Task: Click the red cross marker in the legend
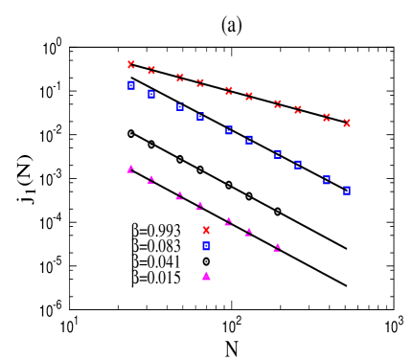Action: [206, 230]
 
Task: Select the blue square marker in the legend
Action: [206, 246]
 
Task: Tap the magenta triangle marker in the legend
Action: [206, 276]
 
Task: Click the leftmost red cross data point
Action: [131, 64]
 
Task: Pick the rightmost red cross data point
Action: [347, 123]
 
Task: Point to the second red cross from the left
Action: [151, 69]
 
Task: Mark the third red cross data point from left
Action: [180, 77]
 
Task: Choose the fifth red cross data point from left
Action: [229, 90]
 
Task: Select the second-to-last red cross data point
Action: [327, 117]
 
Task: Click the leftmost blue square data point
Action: [131, 85]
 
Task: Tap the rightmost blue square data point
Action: [347, 190]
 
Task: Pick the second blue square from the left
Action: [151, 94]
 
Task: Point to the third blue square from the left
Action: [180, 106]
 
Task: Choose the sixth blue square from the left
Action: [249, 140]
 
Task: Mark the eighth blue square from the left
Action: [298, 165]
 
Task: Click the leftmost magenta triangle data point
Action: [131, 169]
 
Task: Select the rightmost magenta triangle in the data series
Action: [278, 247]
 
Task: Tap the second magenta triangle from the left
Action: [151, 179]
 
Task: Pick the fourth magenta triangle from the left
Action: [200, 206]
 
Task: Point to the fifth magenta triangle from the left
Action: [229, 221]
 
